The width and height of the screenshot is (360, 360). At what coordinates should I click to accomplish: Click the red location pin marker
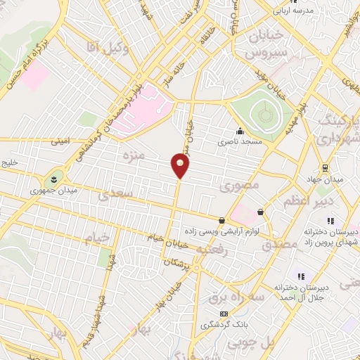click(180, 166)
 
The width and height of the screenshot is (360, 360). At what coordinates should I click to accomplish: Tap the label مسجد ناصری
click(240, 142)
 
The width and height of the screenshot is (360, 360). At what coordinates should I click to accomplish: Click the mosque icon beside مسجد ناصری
click(240, 131)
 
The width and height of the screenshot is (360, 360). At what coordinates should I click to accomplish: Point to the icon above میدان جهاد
click(324, 167)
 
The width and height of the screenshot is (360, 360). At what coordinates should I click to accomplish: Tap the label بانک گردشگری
click(224, 326)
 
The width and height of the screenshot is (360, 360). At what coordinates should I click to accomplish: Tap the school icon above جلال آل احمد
click(301, 276)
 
